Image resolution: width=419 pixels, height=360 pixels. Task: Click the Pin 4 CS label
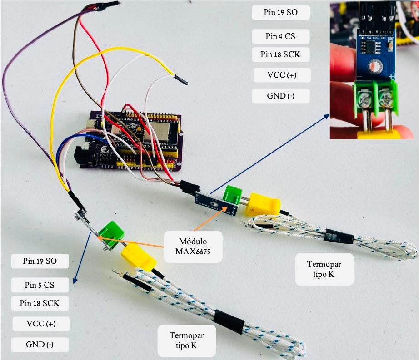281,36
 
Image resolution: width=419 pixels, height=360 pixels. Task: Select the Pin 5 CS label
40,285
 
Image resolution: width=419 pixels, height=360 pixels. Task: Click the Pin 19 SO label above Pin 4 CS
281,12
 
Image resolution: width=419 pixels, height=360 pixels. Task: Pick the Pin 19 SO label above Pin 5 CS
40,261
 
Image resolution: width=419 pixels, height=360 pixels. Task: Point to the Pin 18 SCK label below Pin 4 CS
281,54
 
